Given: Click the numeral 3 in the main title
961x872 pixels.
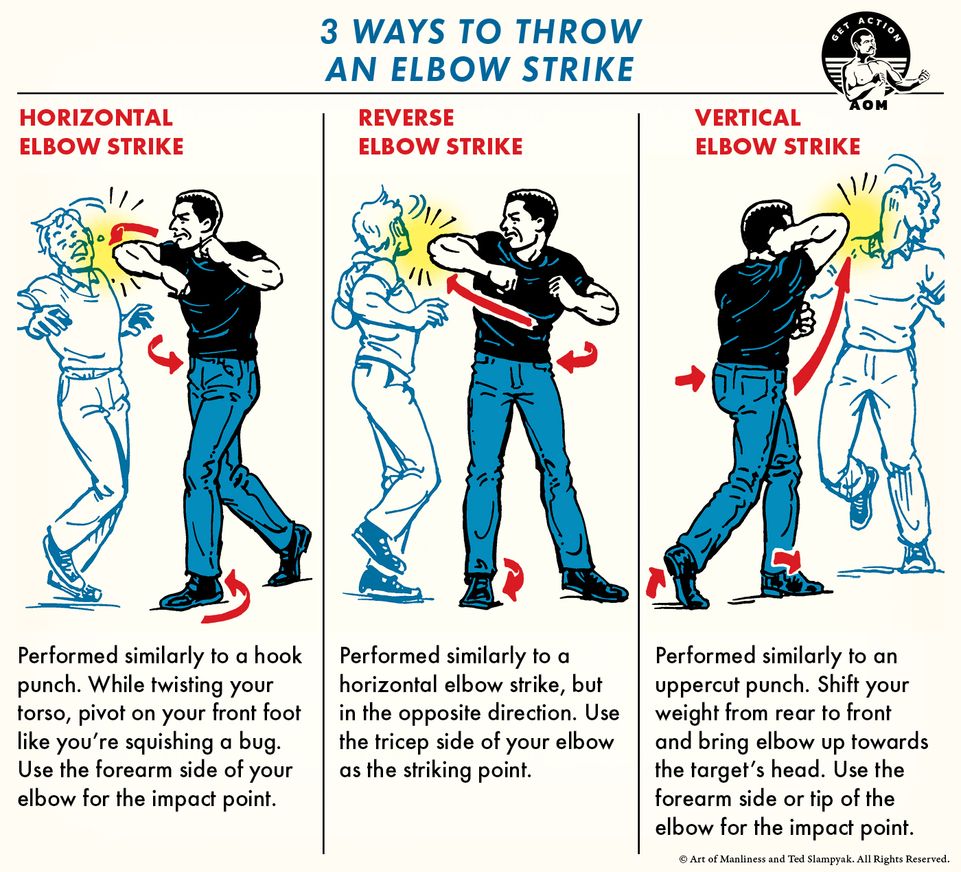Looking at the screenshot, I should [330, 32].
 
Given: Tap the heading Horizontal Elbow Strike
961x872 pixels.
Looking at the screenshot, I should [101, 132].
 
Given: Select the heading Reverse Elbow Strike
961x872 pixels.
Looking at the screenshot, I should [440, 132].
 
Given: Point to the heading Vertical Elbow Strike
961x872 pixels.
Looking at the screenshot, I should [777, 132].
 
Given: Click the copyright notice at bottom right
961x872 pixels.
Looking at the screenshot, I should [813, 859].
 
